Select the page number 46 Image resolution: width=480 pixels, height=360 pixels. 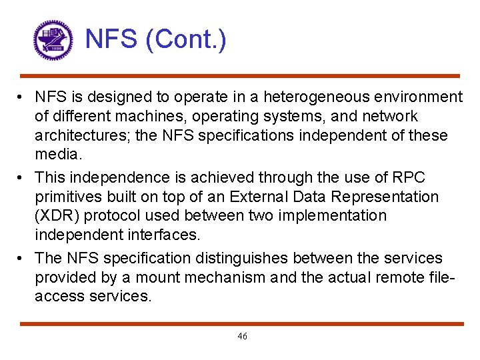click(242, 337)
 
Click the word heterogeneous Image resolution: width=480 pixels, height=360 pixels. click(320, 97)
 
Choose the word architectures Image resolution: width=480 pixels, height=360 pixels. click(81, 136)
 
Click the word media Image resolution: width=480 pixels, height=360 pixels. click(57, 155)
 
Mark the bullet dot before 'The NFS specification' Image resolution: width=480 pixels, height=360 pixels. click(22, 257)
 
